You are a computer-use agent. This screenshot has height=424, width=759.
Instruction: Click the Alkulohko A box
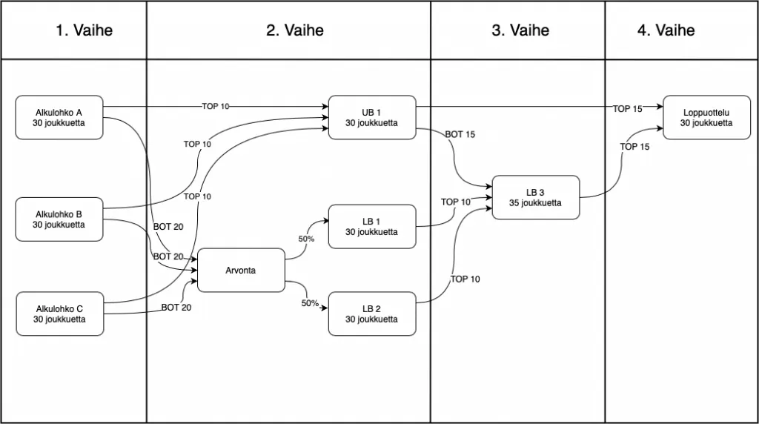pyautogui.click(x=59, y=118)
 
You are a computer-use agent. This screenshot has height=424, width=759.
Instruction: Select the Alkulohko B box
pyautogui.click(x=59, y=219)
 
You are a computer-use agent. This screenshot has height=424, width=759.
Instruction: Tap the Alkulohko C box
pyautogui.click(x=60, y=314)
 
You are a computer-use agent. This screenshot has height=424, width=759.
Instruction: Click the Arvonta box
pyautogui.click(x=241, y=270)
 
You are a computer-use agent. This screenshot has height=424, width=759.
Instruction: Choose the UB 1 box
pyautogui.click(x=372, y=118)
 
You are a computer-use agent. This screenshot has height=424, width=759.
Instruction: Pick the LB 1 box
pyautogui.click(x=372, y=227)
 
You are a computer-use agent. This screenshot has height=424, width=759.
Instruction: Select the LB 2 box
pyautogui.click(x=372, y=314)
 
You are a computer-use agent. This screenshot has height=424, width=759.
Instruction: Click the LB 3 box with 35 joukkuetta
pyautogui.click(x=536, y=197)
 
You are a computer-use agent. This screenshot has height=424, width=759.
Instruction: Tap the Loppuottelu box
pyautogui.click(x=706, y=118)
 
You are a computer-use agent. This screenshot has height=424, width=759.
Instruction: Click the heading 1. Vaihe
pyautogui.click(x=84, y=30)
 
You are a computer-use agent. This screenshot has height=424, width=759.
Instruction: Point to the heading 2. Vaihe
pyautogui.click(x=295, y=30)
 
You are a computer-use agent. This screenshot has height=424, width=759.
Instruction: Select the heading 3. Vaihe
pyautogui.click(x=520, y=30)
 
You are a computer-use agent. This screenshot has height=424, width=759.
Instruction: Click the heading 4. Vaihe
pyautogui.click(x=666, y=30)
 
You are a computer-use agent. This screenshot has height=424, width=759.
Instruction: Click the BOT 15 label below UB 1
pyautogui.click(x=460, y=135)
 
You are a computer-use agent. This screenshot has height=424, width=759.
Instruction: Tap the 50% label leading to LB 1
pyautogui.click(x=306, y=239)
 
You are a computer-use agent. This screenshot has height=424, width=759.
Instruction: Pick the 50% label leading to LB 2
pyautogui.click(x=310, y=303)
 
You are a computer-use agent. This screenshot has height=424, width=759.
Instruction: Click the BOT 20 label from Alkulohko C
pyautogui.click(x=176, y=308)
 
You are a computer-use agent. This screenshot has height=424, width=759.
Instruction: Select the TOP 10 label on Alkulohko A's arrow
pyautogui.click(x=216, y=107)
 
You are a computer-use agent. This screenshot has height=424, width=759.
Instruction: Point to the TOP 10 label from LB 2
pyautogui.click(x=465, y=279)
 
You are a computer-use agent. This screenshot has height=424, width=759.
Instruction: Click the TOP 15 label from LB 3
pyautogui.click(x=634, y=147)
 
